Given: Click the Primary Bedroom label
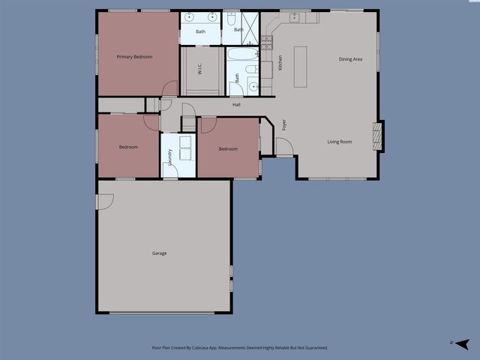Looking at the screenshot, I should (134, 57).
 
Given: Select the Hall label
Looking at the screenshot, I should (236, 104).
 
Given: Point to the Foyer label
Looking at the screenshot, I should (283, 124).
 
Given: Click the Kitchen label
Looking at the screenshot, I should (280, 63).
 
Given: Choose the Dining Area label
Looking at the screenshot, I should (350, 59).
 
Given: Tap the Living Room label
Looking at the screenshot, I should (340, 142).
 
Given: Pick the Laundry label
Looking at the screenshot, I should (170, 156).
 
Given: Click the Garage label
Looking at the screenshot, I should (160, 253).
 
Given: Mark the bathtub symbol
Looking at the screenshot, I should (241, 55).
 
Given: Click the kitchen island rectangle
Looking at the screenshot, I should (301, 67).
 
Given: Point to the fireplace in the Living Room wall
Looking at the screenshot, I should (379, 136).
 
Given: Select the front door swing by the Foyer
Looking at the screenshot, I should (284, 147).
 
